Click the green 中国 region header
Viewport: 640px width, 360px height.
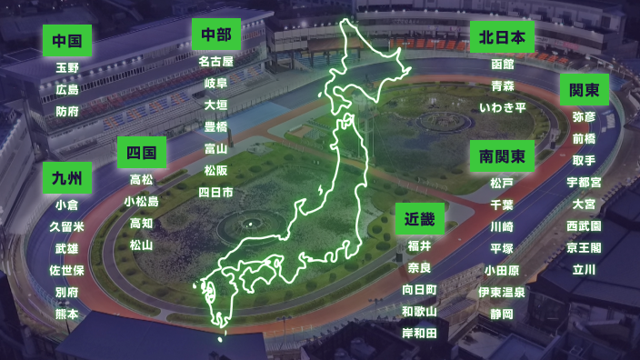coord(66,41)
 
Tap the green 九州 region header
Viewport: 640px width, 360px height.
coord(66,177)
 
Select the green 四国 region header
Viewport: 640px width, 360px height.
coord(141,152)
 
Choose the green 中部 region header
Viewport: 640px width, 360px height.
coord(215,35)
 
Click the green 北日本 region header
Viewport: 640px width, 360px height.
coord(502,37)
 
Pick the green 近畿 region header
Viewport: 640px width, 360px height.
coord(419,219)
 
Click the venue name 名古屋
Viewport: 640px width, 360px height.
coord(215,62)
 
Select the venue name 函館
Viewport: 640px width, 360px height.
coord(502,65)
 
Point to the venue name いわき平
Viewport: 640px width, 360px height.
coord(502,108)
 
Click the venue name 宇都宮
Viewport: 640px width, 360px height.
coord(584,182)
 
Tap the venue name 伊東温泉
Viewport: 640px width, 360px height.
coord(502,292)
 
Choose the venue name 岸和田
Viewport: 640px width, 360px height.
coord(419,334)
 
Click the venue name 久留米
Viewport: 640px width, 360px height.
coord(66,226)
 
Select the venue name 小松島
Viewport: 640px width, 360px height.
coord(141,201)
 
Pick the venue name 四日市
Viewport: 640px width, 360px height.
coord(215,193)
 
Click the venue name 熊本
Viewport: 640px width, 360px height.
coord(66,314)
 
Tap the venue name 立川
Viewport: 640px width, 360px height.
coord(584,269)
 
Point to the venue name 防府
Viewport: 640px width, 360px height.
coord(66,111)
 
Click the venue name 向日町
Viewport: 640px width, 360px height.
coord(419,289)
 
